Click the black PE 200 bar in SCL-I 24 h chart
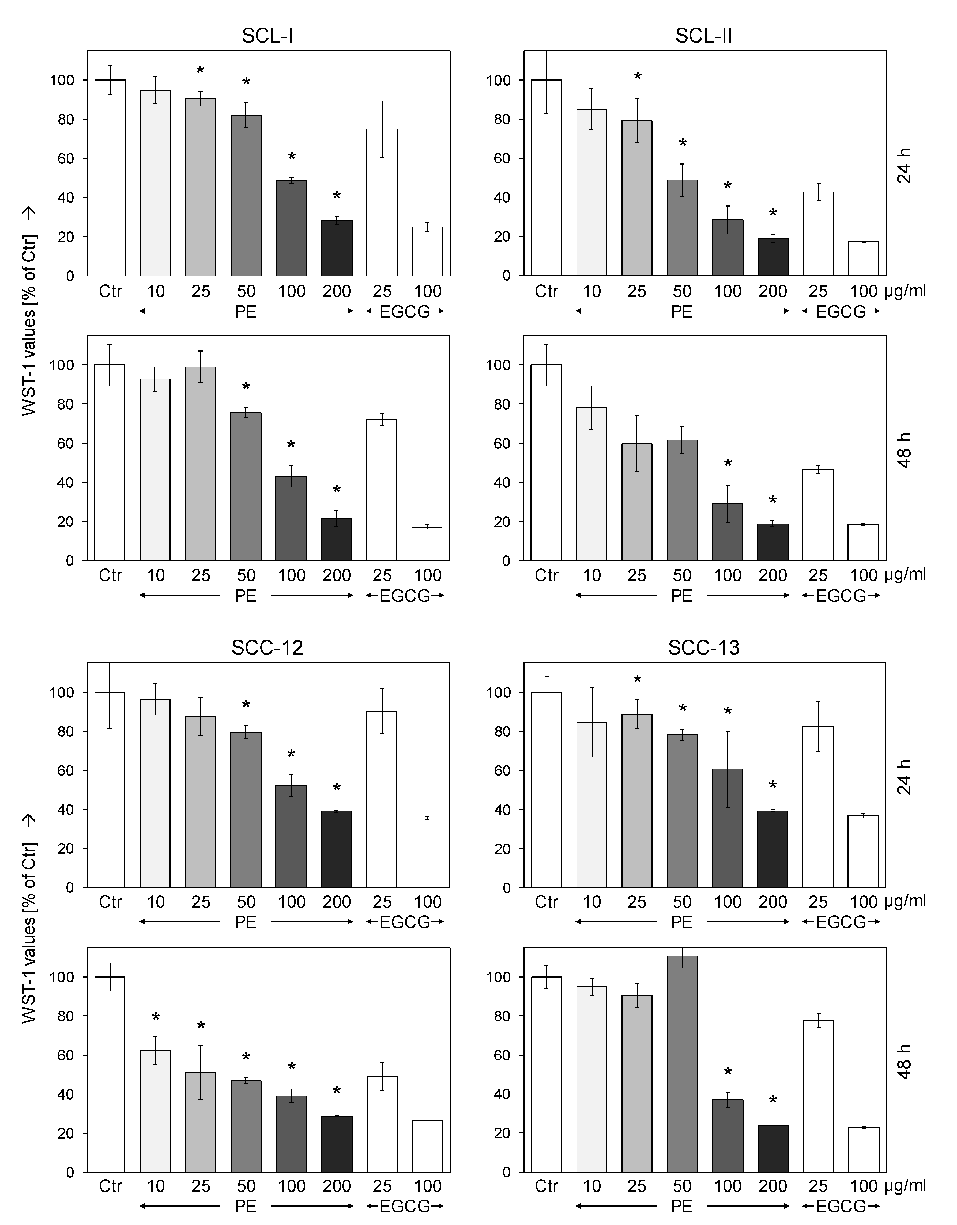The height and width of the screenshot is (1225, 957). pos(337,248)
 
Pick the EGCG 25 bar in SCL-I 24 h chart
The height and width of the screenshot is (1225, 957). pos(382,202)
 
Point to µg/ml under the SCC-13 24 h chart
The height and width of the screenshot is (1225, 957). pos(905,902)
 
